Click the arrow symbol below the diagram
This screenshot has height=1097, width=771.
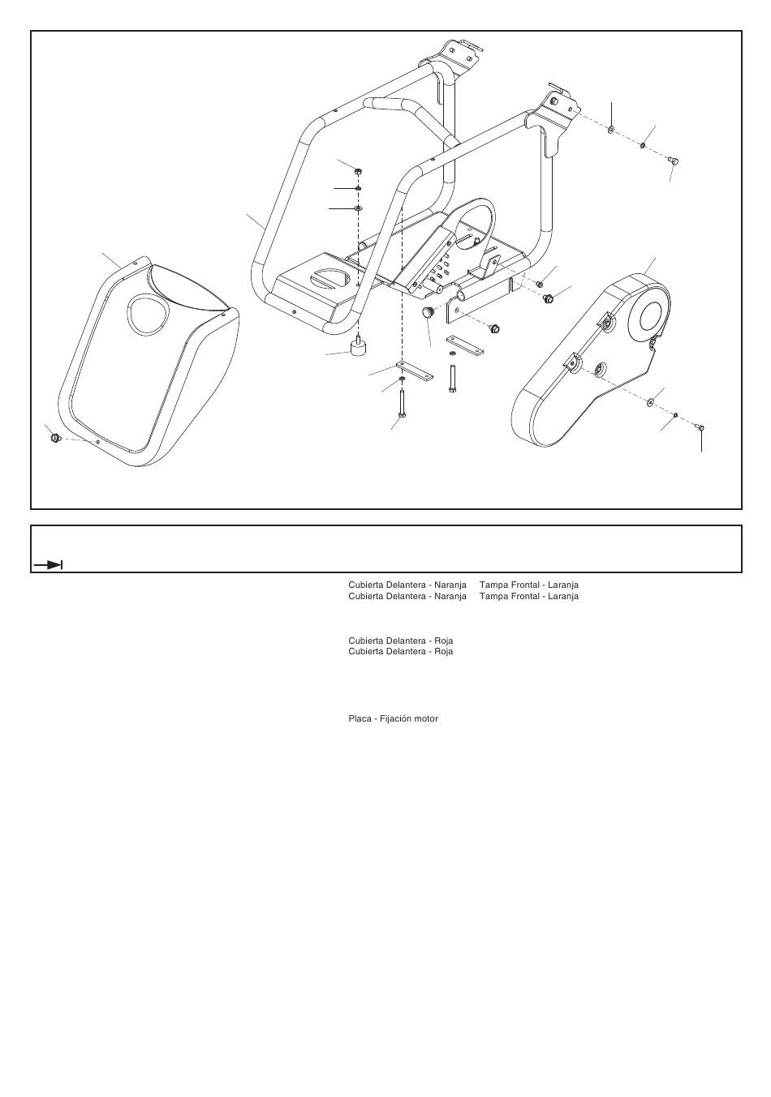[x=49, y=564]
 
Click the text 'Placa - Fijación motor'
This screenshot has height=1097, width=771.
[x=393, y=719]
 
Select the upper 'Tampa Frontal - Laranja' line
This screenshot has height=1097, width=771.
[x=528, y=585]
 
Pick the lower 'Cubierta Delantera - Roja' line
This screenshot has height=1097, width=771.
[x=400, y=652]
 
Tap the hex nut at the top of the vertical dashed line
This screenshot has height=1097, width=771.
[x=358, y=171]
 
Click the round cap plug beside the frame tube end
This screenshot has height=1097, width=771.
[x=428, y=312]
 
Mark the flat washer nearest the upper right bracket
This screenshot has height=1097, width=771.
[x=611, y=130]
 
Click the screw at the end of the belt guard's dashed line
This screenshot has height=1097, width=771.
[x=700, y=426]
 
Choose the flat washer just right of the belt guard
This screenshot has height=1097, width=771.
[x=650, y=403]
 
